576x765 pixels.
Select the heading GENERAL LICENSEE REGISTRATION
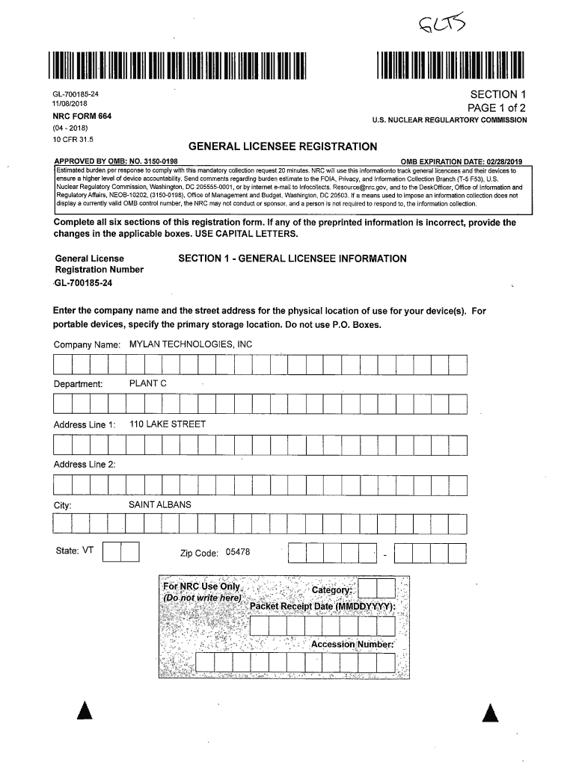(x=282, y=147)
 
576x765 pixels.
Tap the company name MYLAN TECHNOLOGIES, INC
(x=191, y=344)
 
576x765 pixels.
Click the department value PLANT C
(x=148, y=384)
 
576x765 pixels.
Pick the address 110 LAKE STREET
(x=168, y=424)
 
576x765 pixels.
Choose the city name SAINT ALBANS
(x=160, y=505)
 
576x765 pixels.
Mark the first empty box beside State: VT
(x=111, y=552)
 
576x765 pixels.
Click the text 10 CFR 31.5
(x=73, y=139)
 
